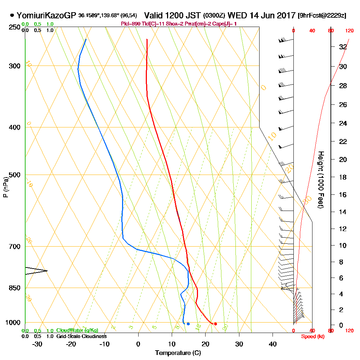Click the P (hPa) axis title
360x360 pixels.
tap(5, 187)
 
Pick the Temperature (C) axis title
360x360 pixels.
tap(178, 353)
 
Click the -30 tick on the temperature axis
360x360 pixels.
tap(37, 344)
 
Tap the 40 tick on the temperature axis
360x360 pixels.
tap(273, 344)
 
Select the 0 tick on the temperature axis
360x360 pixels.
tap(138, 344)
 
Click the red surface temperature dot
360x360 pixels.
tap(215, 324)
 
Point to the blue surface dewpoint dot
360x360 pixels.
tap(188, 324)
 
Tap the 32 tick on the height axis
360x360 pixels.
tap(343, 47)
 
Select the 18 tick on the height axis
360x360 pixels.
tap(343, 177)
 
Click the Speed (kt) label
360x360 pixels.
tap(312, 336)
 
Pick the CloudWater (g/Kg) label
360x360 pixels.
tap(77, 330)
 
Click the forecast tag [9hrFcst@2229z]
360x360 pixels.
tap(322, 15)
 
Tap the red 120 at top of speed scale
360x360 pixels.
tap(349, 31)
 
